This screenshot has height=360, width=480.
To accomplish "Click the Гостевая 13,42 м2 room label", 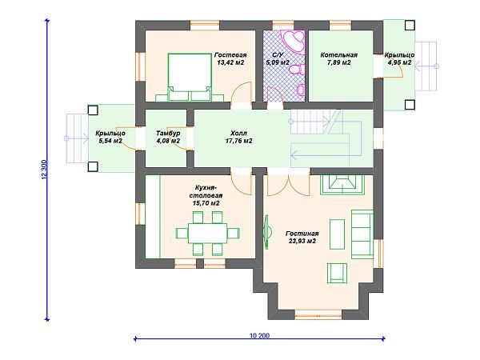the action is [230, 58].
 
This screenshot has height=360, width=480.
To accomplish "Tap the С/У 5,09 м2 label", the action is [277, 58].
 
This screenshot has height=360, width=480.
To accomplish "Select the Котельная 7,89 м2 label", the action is [338, 58].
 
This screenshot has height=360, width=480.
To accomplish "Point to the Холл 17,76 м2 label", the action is [238, 137].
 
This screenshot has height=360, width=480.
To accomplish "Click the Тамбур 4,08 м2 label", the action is [168, 137].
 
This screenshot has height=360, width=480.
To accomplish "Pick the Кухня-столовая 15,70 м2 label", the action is [206, 195].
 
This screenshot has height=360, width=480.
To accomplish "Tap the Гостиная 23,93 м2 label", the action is [302, 238].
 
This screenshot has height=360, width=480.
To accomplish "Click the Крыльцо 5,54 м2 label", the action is [110, 137].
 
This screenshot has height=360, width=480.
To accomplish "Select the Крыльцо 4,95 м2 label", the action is [399, 58].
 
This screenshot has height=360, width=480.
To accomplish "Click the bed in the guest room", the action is [190, 77].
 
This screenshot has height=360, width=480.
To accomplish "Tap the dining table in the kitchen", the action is [207, 234].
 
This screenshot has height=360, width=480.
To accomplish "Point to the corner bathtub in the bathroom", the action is [294, 42].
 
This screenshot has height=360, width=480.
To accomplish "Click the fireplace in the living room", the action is [342, 185].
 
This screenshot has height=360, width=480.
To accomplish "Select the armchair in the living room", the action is [337, 273].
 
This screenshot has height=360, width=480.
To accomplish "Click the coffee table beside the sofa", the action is [337, 234].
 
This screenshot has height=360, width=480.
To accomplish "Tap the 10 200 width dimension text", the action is [259, 335].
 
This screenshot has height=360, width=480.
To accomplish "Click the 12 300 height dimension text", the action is [44, 170].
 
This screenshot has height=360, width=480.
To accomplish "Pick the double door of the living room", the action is [288, 185].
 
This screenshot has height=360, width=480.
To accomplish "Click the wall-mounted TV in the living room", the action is [266, 232].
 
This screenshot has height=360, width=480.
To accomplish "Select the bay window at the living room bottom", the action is [318, 314].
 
